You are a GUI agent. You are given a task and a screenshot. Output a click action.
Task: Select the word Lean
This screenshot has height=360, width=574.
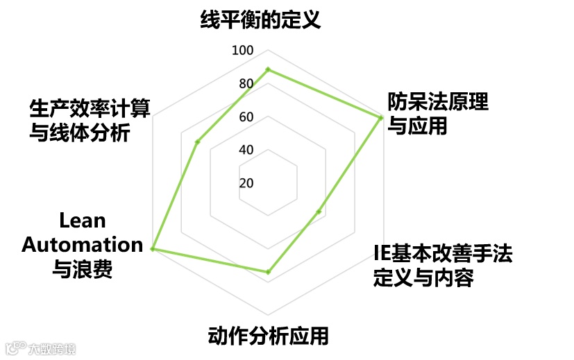[x=83, y=221]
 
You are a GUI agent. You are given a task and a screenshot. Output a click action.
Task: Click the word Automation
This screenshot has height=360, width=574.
[x=83, y=244]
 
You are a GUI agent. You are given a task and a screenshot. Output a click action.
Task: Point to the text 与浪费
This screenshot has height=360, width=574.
[x=83, y=268]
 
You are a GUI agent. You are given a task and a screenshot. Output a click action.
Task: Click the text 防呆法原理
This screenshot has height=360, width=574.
[x=438, y=102]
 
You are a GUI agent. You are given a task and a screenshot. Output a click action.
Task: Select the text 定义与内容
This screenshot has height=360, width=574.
[x=423, y=278]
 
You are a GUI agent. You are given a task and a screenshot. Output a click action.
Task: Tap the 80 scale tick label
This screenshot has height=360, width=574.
[x=246, y=85]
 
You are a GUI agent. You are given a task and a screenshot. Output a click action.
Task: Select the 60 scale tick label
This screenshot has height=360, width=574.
[x=246, y=117]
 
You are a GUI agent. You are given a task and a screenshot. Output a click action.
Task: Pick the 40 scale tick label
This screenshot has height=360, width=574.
[x=246, y=151]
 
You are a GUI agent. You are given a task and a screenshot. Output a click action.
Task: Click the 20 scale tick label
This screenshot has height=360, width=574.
[x=246, y=184]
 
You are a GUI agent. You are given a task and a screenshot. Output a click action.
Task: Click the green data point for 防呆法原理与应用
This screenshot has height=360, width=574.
[x=380, y=119]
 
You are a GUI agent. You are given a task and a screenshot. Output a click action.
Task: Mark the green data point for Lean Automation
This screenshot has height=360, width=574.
[x=152, y=249]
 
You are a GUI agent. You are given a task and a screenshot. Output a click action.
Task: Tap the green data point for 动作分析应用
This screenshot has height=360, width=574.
[x=268, y=272]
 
